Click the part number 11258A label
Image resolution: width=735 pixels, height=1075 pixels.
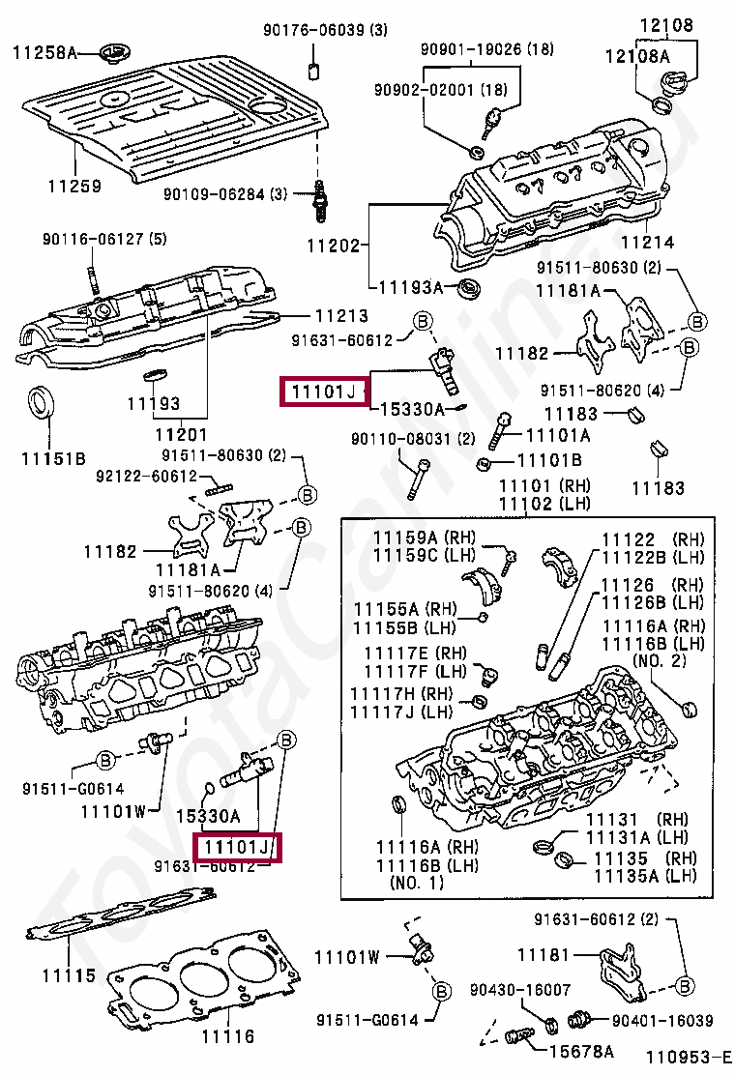point(44,53)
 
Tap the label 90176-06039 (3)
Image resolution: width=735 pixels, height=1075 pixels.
point(326,31)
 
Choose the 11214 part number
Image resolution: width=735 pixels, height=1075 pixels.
point(647,243)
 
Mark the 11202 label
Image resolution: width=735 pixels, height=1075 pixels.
point(334,246)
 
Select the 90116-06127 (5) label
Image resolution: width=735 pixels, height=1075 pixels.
point(90,239)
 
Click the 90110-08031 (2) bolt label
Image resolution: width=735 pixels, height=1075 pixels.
point(412,439)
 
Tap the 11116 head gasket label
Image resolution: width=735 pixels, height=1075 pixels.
point(228,1036)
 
